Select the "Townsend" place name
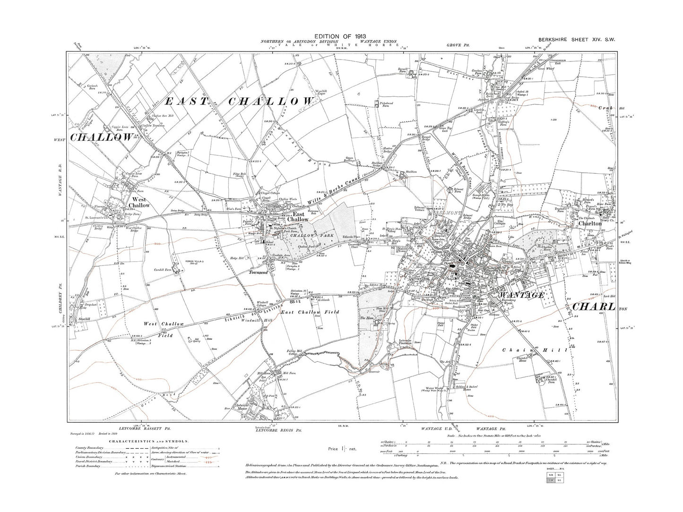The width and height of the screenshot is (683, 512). click(257, 273)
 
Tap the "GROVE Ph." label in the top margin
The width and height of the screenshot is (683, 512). click(456, 45)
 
